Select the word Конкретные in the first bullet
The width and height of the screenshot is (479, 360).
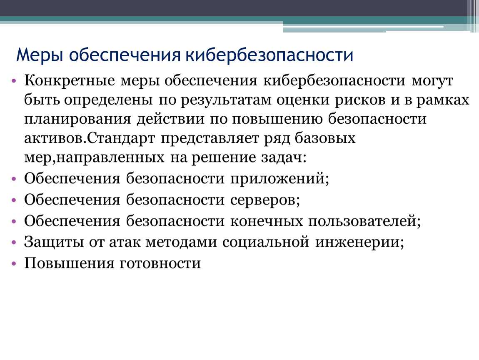[70, 81]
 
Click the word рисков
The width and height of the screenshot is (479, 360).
[360, 101]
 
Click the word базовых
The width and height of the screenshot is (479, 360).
[325, 138]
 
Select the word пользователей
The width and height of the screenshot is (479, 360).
[364, 221]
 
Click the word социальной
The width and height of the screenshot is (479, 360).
[266, 242]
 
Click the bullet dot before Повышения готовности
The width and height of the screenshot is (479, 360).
[13, 264]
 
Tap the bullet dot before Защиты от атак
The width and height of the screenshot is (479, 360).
[13, 242]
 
